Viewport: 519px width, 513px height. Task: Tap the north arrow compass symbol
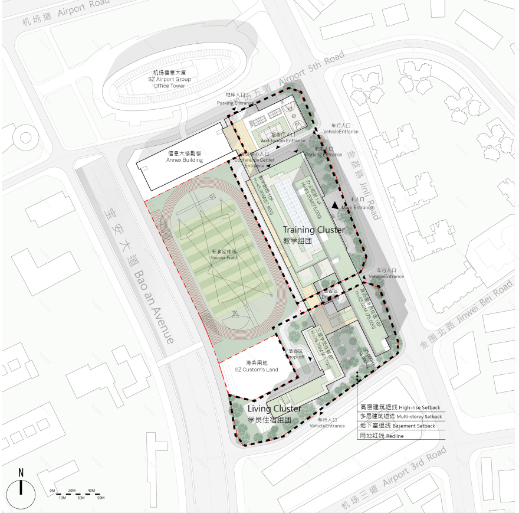point(21,488)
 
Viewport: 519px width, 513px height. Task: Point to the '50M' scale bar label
point(101,498)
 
